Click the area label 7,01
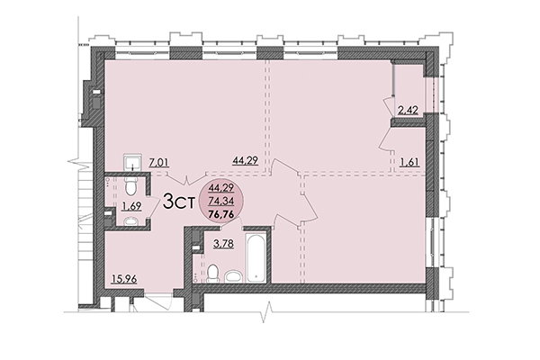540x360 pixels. click(x=159, y=162)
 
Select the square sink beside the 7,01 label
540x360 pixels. click(x=132, y=162)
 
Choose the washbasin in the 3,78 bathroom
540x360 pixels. click(x=232, y=274)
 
